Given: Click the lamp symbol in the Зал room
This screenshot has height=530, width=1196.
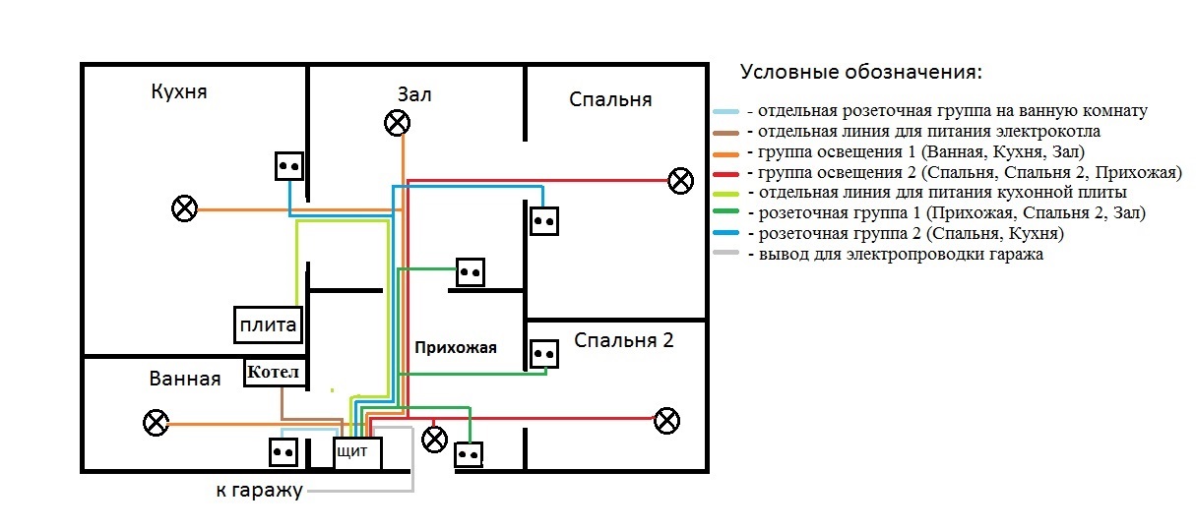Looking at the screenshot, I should point(397,123).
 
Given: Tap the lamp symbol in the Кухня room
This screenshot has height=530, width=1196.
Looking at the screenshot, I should point(184,208).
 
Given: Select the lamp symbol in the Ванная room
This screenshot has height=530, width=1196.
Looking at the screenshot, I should point(156,423).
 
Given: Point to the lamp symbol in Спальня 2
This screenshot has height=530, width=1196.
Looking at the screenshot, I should point(667,421).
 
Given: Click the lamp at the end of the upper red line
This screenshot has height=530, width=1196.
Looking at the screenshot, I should point(680,181).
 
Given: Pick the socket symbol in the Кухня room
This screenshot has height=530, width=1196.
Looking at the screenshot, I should point(289,165).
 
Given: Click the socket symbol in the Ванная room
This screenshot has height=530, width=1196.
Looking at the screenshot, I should point(283,452).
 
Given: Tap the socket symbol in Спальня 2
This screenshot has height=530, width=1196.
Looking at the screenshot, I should point(542,353).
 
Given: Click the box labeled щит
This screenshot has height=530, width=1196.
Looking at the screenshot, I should point(355,452).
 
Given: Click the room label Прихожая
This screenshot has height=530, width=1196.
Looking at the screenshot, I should point(456,347).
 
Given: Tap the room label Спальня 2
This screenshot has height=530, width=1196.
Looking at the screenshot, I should point(624,341).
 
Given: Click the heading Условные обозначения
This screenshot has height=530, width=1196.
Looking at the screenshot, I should point(861,74).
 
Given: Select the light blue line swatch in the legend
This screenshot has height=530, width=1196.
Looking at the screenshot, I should point(726,112).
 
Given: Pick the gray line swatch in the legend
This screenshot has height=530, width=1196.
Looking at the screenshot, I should point(726,255).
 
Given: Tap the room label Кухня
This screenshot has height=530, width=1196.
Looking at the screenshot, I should point(179,91).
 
